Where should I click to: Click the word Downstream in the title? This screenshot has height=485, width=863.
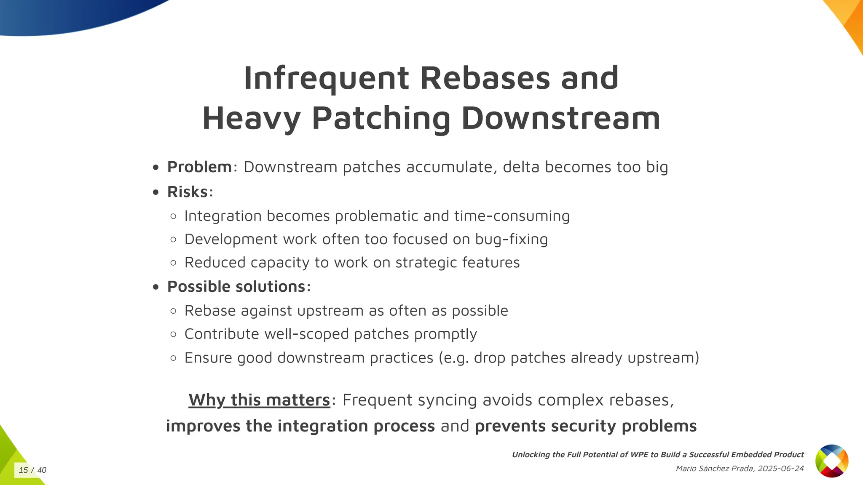point(560,119)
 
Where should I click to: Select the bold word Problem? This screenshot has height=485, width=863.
point(199,167)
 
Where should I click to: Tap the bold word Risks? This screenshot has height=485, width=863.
point(188,192)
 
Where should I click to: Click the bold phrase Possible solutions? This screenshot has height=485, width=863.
point(236,287)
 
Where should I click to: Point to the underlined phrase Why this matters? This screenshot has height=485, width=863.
point(259,400)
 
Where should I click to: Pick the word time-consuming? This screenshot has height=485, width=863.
point(512,216)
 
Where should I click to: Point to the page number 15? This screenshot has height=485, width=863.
point(23,470)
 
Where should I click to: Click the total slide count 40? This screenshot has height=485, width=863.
point(42,470)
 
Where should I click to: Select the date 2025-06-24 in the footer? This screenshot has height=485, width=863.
point(780,469)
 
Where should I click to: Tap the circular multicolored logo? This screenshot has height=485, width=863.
point(831,461)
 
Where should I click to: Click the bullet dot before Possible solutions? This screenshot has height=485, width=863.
point(156,287)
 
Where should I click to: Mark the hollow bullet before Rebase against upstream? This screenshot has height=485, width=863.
point(173,311)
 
